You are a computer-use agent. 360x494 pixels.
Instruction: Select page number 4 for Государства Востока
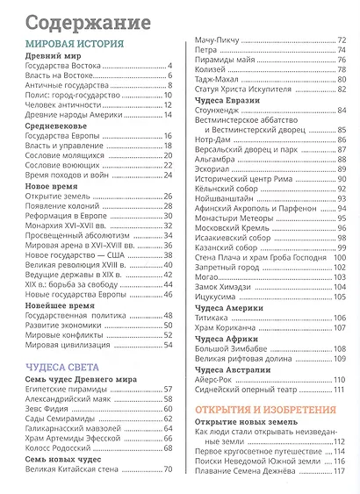(x=169, y=67)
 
